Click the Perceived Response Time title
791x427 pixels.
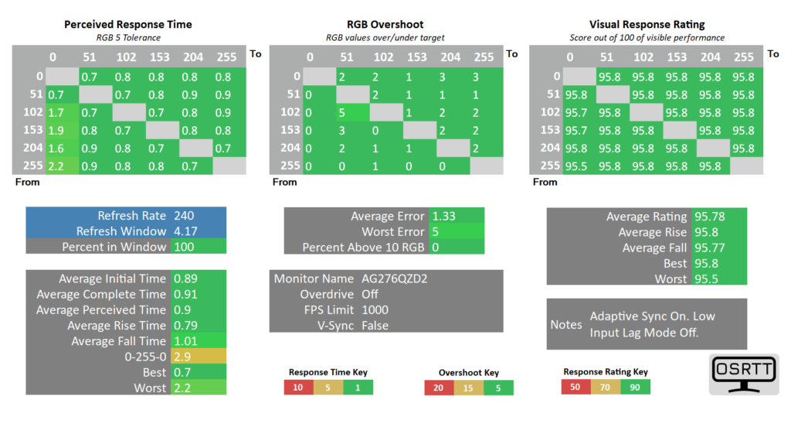127,24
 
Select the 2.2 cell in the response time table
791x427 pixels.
56,165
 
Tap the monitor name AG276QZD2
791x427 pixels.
394,278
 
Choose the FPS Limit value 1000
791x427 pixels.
375,309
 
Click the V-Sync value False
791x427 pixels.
375,325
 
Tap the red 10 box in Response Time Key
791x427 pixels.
298,388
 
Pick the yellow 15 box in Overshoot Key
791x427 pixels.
469,388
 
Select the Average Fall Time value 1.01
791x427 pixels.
185,340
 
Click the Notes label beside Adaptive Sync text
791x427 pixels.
566,324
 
